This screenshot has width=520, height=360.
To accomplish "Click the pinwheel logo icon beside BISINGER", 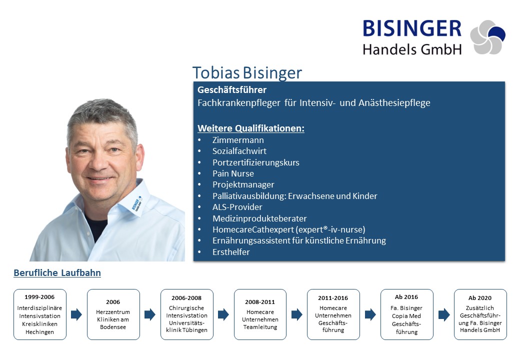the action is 488,37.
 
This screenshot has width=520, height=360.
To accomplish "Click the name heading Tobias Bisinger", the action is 247,73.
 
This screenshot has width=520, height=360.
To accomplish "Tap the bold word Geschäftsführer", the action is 232,90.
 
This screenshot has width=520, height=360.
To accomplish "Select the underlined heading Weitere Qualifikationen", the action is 250,128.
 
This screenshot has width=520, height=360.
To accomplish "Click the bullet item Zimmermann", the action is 238,140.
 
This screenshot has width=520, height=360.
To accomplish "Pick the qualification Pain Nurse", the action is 233,173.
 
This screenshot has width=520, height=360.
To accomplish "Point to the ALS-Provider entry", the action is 237,207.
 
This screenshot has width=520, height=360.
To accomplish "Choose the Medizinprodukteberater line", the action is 259,218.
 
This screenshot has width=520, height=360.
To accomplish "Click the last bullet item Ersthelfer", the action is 231,252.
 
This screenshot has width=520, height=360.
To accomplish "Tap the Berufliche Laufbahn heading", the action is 57,273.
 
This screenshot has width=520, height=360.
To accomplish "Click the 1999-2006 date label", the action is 39,297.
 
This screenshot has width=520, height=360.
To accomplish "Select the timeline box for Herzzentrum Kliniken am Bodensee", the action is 113,314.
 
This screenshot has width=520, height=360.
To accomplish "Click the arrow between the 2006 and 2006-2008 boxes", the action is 150,314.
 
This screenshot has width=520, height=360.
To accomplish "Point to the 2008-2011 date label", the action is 260,302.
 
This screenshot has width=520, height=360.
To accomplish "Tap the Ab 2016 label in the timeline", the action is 406,297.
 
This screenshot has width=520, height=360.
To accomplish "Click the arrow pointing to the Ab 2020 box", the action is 444,314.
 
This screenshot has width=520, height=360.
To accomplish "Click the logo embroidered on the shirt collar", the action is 136,203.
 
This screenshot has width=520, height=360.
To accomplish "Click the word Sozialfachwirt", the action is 239,151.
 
